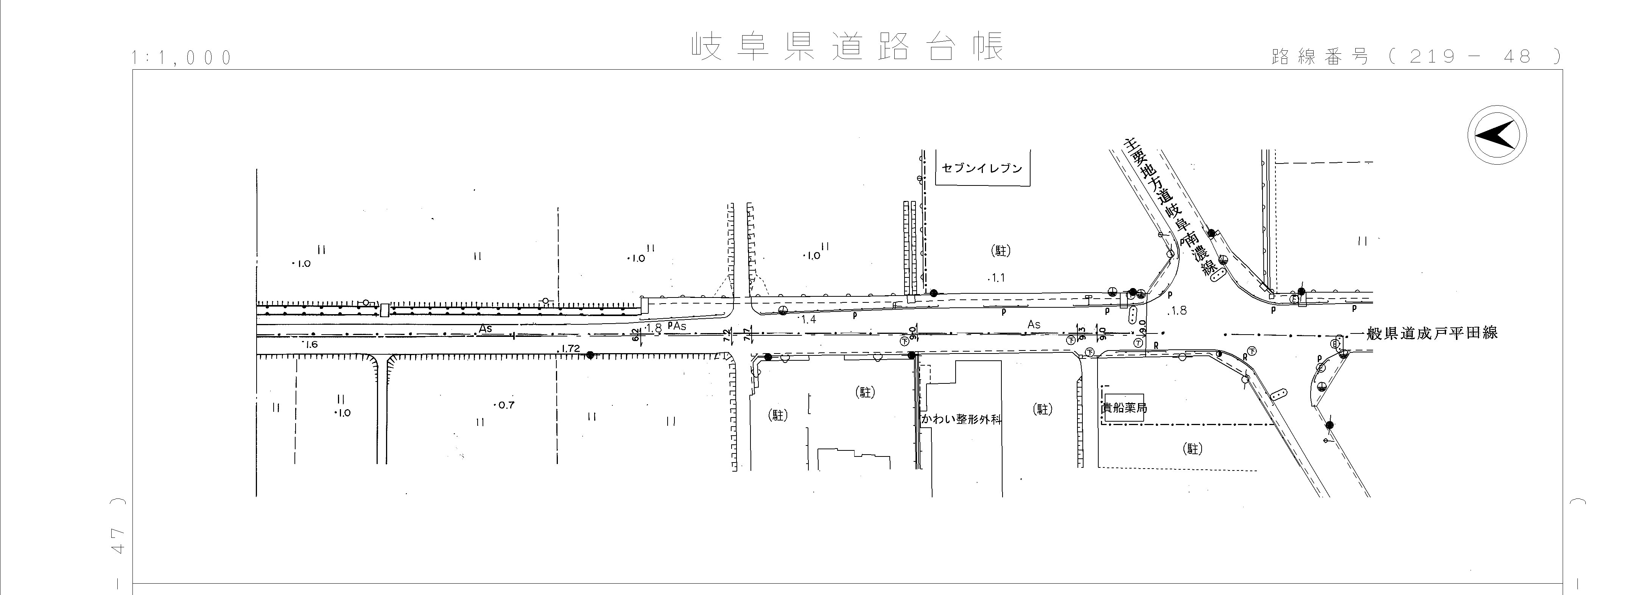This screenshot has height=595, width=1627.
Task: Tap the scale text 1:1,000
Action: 182,58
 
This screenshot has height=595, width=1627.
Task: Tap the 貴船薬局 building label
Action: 1124,408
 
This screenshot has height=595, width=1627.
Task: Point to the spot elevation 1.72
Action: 570,349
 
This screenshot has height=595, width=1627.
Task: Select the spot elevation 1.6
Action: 310,345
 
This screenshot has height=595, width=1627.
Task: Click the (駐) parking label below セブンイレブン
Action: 1000,251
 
